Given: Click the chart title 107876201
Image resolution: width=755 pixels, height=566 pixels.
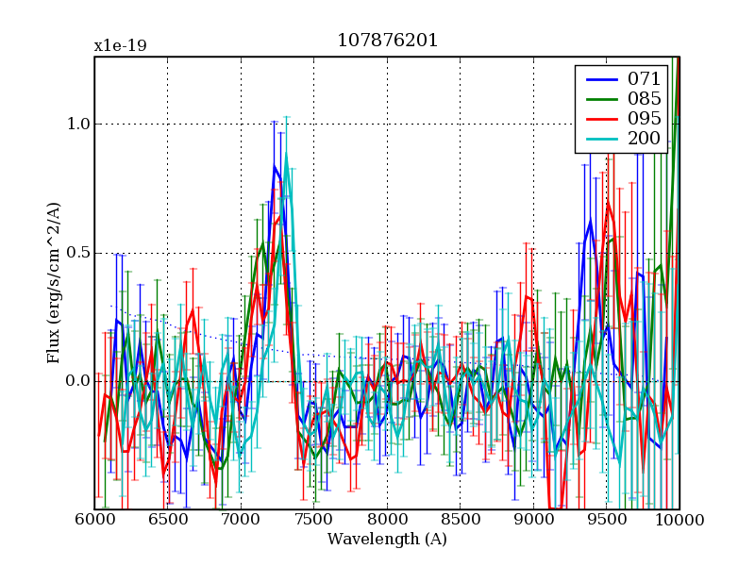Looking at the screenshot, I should [387, 42].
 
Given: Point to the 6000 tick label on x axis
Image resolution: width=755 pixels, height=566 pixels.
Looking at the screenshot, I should [94, 521].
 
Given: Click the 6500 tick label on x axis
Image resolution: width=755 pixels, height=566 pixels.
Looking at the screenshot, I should [168, 521].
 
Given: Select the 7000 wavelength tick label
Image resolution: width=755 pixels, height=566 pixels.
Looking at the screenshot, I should [241, 521].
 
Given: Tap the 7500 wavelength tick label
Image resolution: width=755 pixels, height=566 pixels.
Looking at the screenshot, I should [314, 521].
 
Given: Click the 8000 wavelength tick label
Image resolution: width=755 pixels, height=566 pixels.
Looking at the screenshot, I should [387, 521].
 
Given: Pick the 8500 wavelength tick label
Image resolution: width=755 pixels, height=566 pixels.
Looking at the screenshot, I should [461, 521].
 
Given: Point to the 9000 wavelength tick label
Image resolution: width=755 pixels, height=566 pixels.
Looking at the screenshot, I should [533, 521].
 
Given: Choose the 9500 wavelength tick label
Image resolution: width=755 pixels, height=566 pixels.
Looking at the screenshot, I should [607, 521].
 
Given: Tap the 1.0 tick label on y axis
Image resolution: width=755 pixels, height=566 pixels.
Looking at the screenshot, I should [77, 125].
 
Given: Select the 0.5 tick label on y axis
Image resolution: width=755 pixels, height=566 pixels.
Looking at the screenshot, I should [77, 253].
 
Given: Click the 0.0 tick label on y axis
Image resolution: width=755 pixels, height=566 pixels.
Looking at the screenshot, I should [77, 381].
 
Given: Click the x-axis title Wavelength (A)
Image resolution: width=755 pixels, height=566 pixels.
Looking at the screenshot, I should [387, 540].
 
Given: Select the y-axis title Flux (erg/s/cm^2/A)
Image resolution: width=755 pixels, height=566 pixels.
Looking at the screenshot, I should [54, 283].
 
